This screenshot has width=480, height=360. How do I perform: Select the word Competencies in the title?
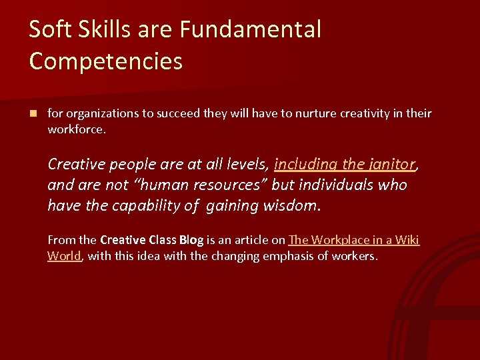point(106,61)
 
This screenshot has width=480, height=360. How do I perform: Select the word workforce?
point(76,129)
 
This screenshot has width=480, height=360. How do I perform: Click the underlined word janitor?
point(389,164)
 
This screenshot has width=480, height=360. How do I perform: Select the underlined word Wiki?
point(406,240)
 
